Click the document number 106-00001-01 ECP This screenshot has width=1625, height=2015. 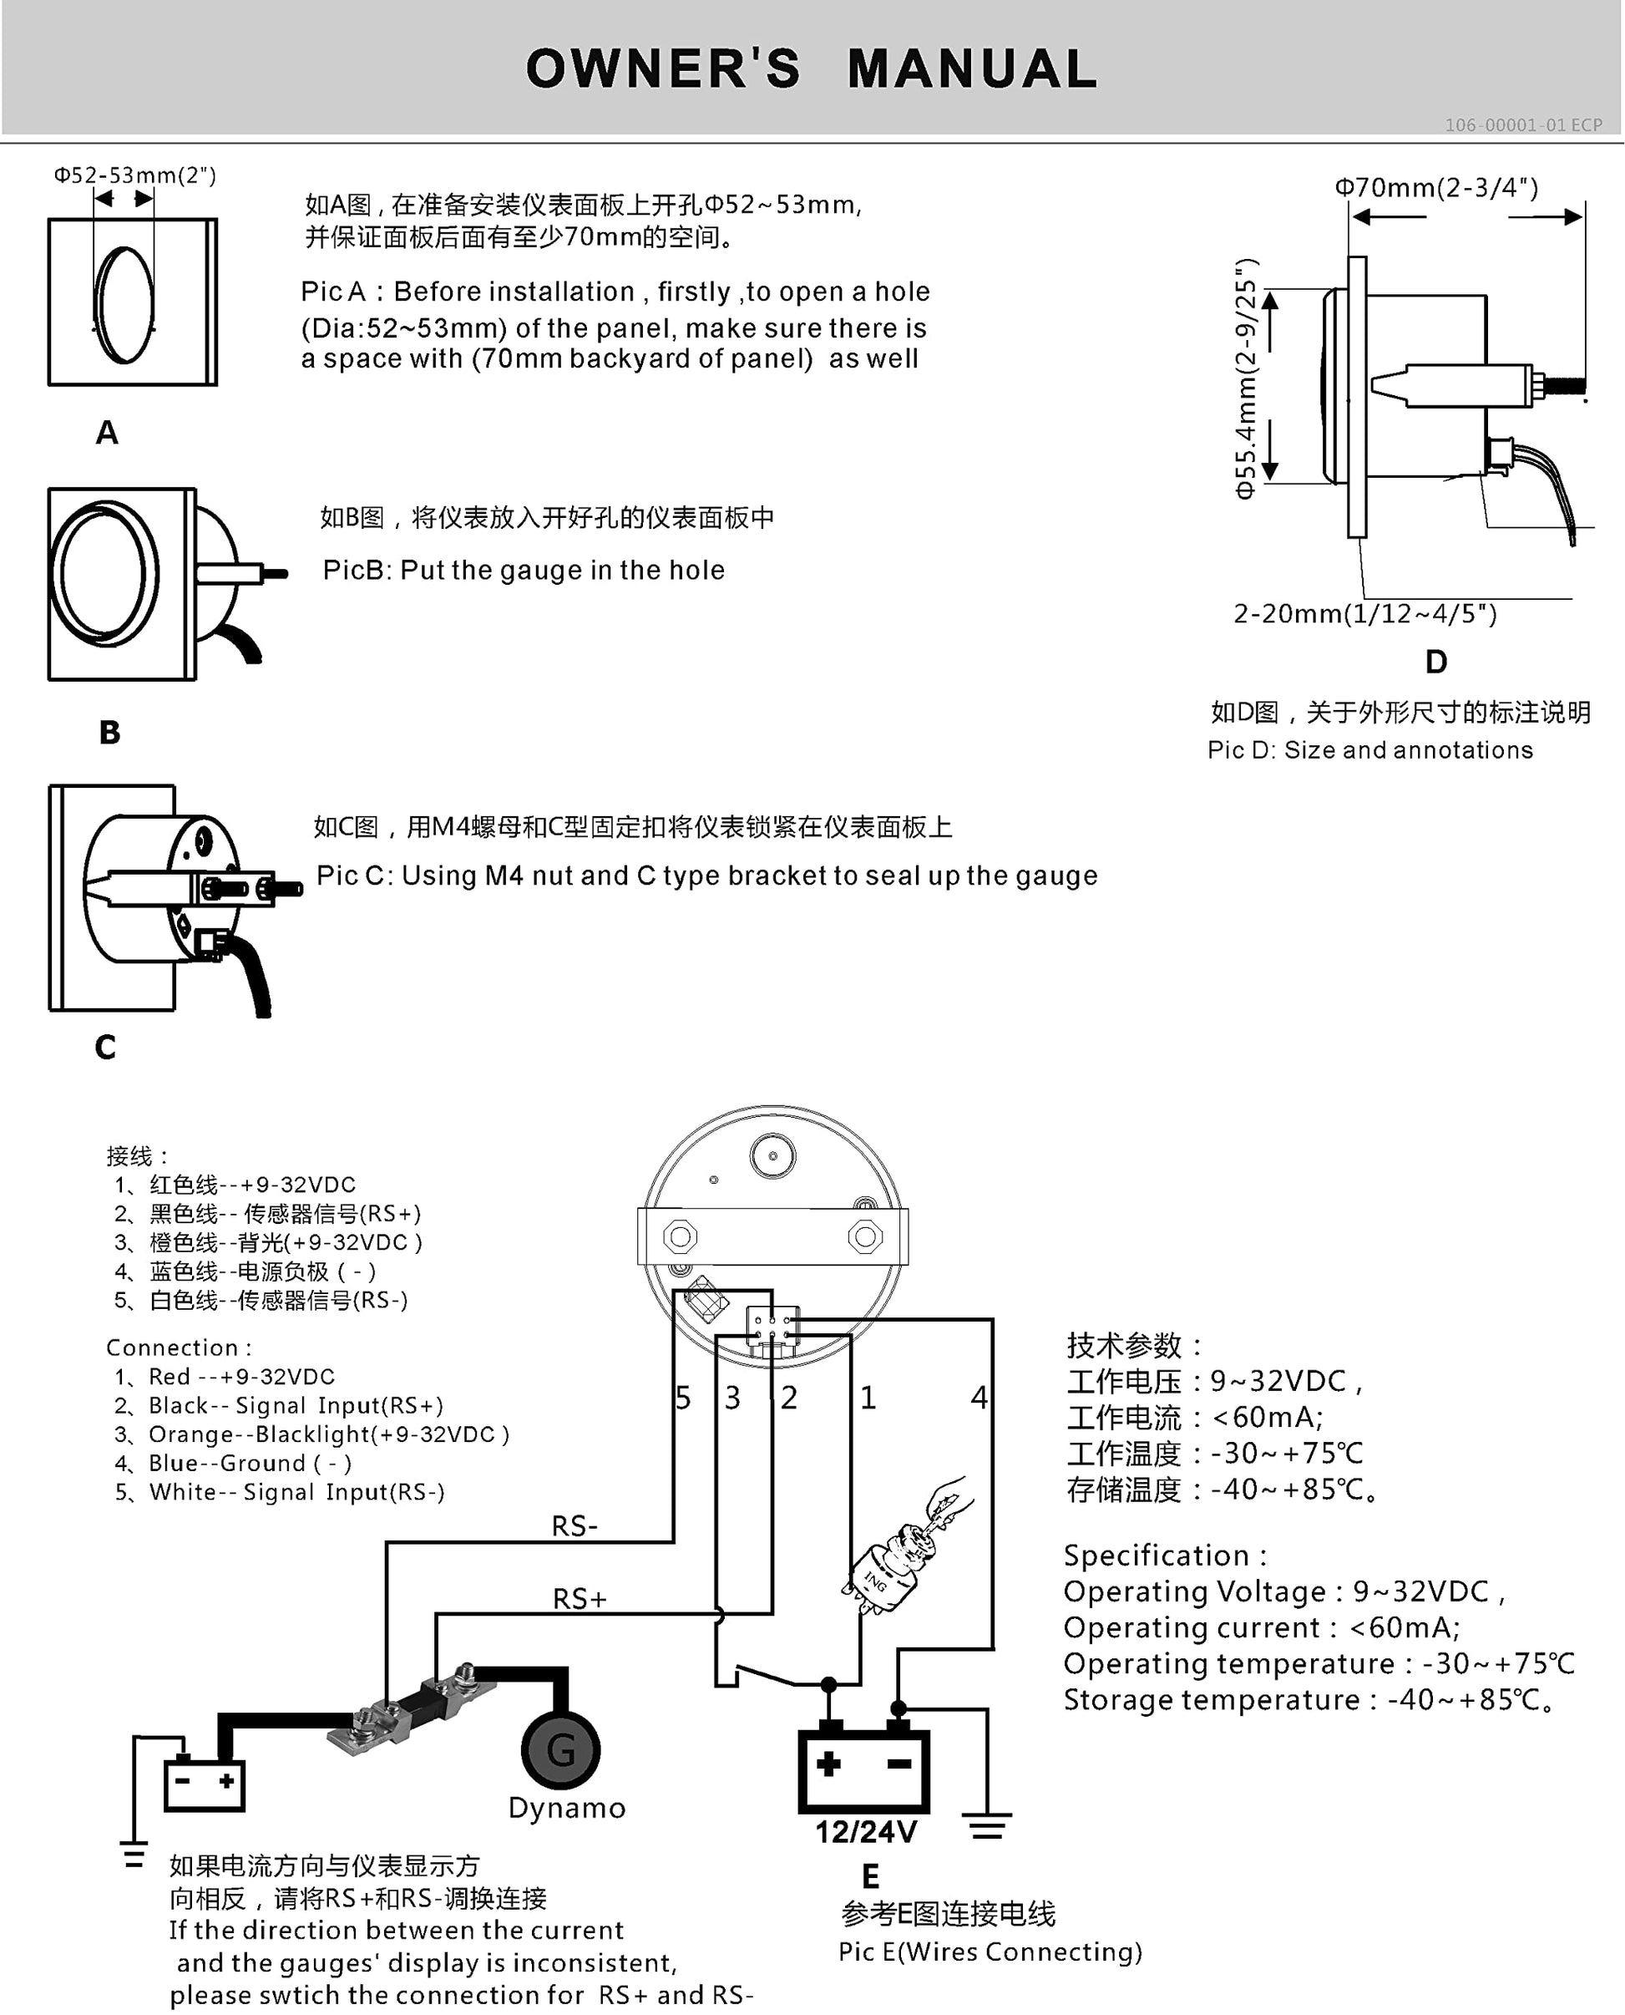point(1523,124)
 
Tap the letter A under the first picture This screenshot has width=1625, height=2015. point(107,433)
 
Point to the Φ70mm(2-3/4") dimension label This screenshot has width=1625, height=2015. point(1436,187)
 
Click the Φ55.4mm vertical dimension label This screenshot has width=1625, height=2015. point(1246,378)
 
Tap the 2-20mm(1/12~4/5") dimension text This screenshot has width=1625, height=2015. point(1364,614)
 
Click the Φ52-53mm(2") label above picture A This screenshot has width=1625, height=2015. point(134,175)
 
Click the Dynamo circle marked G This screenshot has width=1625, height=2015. point(559,1749)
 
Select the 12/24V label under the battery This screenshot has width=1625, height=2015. point(866,1832)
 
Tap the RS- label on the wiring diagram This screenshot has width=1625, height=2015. point(575,1526)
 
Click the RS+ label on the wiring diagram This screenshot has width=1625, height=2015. point(580,1598)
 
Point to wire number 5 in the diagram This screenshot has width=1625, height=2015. point(683,1398)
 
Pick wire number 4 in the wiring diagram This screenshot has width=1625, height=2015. point(980,1398)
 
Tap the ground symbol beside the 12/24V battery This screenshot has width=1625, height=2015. point(988,1826)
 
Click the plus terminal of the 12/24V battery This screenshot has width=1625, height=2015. point(828,1764)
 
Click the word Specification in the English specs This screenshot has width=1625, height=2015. point(1156,1556)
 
